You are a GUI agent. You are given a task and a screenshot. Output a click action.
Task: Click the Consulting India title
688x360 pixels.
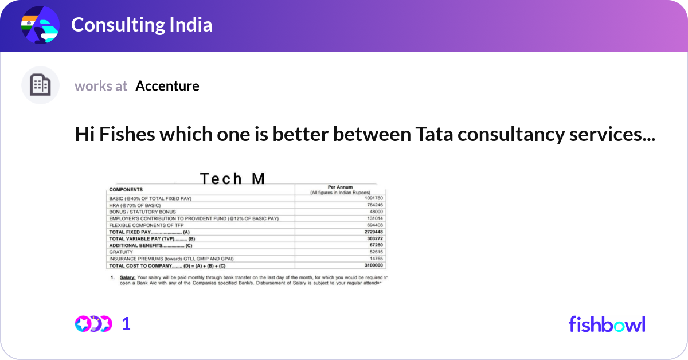(142, 25)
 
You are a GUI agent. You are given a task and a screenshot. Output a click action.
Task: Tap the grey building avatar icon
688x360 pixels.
(40, 85)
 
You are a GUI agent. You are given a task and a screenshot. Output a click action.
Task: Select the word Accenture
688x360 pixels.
(167, 86)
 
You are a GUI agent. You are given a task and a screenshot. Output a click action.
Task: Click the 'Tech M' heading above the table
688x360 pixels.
(232, 179)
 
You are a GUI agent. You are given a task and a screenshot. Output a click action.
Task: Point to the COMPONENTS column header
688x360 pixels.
(126, 189)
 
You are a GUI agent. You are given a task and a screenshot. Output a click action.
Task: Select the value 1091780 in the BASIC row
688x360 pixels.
(373, 198)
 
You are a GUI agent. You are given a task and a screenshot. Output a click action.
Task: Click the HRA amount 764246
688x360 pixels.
(375, 205)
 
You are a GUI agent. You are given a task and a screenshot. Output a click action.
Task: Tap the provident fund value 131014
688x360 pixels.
(375, 218)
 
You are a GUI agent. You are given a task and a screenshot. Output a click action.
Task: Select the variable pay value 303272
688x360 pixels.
(375, 238)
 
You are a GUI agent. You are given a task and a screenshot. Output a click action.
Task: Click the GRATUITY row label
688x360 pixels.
(121, 252)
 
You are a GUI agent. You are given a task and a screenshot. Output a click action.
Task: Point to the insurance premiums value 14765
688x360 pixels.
(376, 259)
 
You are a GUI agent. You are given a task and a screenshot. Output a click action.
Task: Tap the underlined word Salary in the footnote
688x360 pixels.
(127, 277)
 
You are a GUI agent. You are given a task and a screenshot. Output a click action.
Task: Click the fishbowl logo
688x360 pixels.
(607, 324)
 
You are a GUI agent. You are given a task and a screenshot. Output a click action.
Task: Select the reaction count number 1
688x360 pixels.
(126, 324)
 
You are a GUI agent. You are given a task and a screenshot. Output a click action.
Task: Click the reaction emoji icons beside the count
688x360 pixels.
(93, 324)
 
